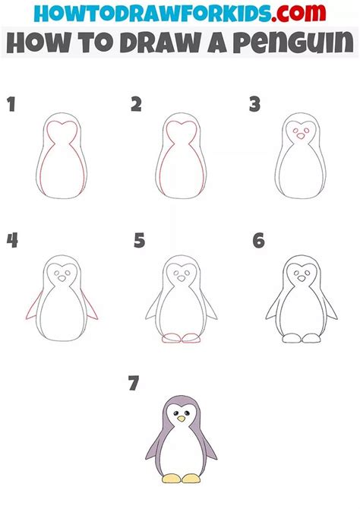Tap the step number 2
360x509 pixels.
[137, 104]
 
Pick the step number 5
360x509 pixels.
[138, 242]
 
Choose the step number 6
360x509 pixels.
[259, 242]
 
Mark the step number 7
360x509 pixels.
[134, 384]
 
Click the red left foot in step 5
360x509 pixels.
[171, 338]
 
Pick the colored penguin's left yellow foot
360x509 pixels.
[170, 478]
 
